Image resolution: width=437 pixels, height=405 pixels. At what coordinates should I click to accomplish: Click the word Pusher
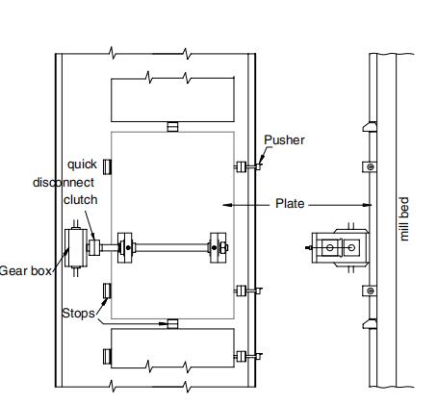(x=284, y=140)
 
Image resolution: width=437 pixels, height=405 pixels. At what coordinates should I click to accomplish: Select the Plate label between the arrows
(x=290, y=204)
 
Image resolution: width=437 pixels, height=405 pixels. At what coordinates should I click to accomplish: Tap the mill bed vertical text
(x=404, y=219)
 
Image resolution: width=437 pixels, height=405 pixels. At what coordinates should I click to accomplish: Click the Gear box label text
(x=26, y=271)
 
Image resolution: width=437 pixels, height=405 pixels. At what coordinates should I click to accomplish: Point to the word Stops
(x=78, y=313)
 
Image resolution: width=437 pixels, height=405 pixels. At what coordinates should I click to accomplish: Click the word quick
(x=82, y=165)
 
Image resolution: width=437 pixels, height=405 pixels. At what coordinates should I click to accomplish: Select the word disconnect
(x=64, y=183)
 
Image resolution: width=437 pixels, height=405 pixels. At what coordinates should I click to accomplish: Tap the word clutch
(x=81, y=200)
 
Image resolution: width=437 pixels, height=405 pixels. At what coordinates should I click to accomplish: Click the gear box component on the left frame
(x=76, y=247)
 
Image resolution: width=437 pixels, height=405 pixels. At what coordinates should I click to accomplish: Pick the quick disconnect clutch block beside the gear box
(x=94, y=247)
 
